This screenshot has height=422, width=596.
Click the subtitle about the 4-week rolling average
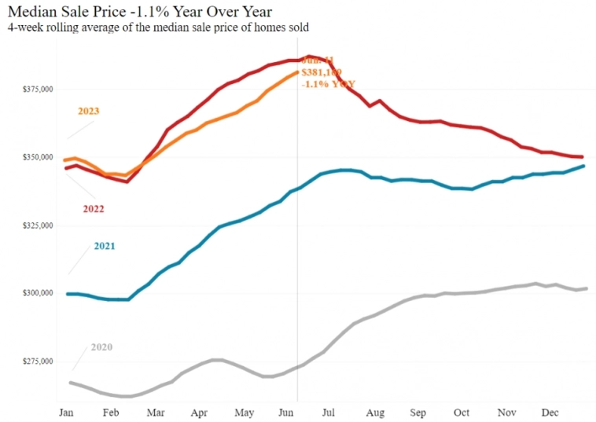[x=157, y=28]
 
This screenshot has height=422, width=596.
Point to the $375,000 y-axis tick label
[x=37, y=90]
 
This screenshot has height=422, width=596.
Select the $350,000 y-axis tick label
[x=37, y=158]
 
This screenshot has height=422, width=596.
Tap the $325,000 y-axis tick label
[x=37, y=226]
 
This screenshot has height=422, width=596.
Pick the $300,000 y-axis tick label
[x=37, y=293]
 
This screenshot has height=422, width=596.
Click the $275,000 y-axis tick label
[x=37, y=361]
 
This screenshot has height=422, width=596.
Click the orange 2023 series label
[x=89, y=111]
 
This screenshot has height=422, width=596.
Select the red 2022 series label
[x=93, y=209]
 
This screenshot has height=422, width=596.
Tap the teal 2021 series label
[x=105, y=246]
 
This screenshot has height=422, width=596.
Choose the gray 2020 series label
[x=101, y=347]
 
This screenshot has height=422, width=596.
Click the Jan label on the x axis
[x=67, y=413]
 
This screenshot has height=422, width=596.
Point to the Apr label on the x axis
[x=200, y=413]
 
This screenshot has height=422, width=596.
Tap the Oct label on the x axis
[x=462, y=413]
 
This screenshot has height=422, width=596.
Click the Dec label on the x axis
[x=550, y=413]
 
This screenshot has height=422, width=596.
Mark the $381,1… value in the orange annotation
[x=321, y=72]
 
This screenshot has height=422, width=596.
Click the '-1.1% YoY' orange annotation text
[x=323, y=83]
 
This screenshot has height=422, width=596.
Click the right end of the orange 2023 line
[x=297, y=72]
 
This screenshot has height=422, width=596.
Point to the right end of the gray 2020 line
[x=587, y=288]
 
